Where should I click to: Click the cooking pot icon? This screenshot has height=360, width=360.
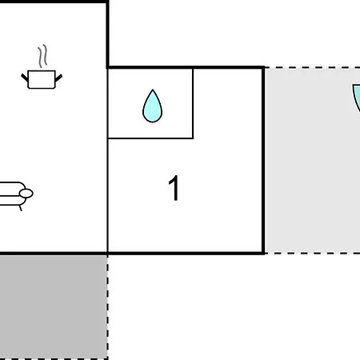click(x=42, y=79)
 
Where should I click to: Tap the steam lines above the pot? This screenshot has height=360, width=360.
click(x=42, y=56)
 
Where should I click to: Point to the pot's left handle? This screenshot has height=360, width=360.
click(x=25, y=78)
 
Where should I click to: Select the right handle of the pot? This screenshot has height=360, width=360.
click(x=58, y=78)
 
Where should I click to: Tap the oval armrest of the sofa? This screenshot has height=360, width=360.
click(x=26, y=194)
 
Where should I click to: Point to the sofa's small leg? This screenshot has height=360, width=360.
click(x=20, y=208)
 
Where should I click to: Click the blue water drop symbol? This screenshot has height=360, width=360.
click(x=152, y=106)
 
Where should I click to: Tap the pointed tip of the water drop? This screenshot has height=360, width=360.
click(x=153, y=90)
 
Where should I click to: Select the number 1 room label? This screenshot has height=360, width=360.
click(x=174, y=188)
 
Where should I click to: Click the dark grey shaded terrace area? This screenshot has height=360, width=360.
click(x=54, y=306)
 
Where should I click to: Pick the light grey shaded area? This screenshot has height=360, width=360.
click(x=313, y=160)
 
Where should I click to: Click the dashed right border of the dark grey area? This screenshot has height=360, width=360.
click(x=107, y=306)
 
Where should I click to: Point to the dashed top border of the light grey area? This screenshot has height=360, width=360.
click(x=312, y=67)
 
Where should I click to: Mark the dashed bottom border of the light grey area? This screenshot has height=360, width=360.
click(x=312, y=253)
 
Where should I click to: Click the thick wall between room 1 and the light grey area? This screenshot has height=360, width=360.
click(x=263, y=160)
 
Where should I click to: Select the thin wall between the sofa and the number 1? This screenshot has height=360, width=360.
click(x=107, y=195)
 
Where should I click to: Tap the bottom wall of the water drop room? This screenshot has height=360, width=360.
click(x=150, y=138)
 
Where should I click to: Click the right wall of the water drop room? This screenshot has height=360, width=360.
click(x=193, y=104)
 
